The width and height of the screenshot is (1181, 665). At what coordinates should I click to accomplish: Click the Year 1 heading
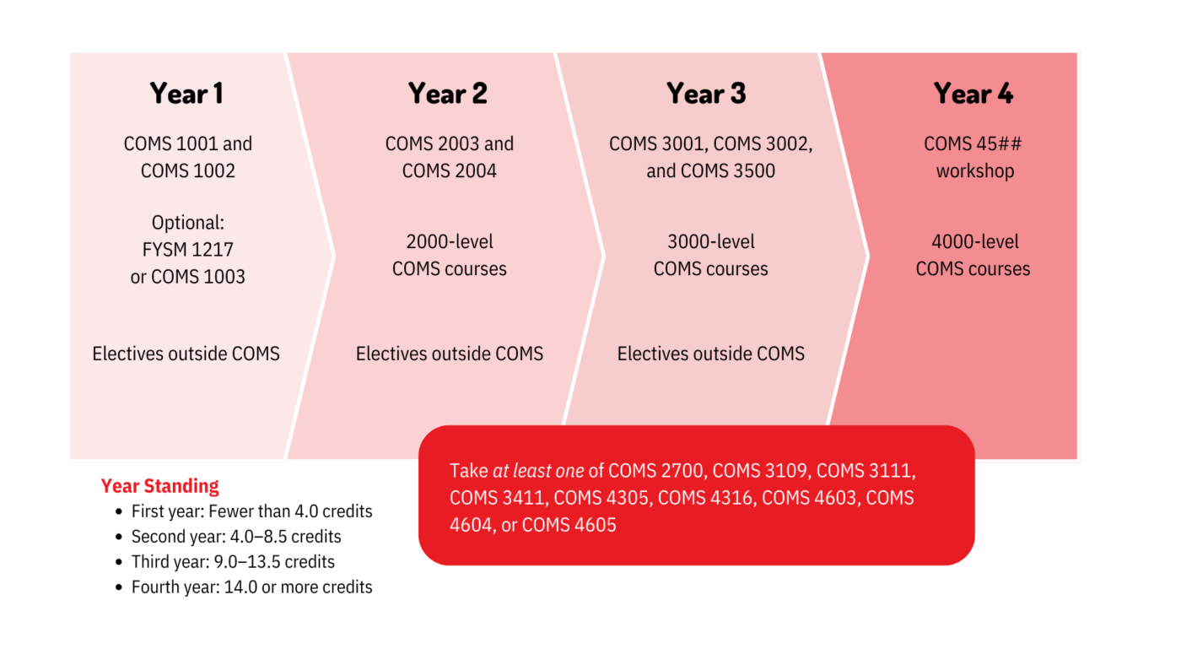(186, 94)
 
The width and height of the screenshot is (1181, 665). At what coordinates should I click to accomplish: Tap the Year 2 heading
(448, 94)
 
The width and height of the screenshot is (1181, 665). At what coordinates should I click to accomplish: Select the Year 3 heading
(706, 94)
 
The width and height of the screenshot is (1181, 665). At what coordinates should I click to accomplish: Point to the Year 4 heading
(973, 94)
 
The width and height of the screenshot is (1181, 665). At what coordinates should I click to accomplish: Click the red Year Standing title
(159, 486)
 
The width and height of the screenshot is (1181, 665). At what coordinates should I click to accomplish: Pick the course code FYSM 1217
(187, 250)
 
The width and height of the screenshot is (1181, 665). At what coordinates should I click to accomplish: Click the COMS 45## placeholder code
(973, 144)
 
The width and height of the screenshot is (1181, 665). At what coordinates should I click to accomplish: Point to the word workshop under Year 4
(974, 171)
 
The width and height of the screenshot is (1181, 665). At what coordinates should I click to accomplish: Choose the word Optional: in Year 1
(187, 223)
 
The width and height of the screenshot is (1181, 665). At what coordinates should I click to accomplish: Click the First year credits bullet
(251, 511)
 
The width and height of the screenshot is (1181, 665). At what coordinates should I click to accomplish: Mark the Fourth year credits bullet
(251, 587)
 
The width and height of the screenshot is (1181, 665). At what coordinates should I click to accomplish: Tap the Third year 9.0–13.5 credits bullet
(233, 562)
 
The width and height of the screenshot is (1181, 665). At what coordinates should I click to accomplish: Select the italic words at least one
(538, 471)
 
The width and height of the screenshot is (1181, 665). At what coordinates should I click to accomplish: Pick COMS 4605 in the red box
(569, 525)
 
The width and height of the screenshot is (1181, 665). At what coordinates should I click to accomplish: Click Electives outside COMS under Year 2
(450, 354)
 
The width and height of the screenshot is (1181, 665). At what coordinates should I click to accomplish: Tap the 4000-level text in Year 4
(974, 242)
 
